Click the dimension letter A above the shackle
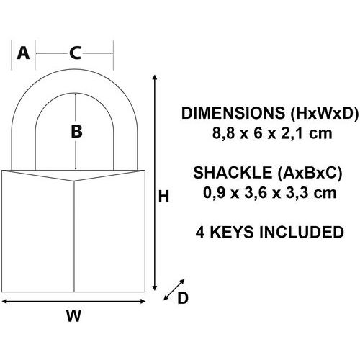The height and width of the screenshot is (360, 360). click(23, 53)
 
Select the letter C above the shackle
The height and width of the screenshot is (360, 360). click(75, 53)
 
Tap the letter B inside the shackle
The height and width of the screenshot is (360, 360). click(76, 132)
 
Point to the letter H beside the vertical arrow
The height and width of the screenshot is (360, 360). click(164, 197)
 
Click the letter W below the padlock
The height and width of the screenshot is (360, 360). click(73, 315)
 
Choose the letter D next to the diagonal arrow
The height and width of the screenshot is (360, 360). click(183, 298)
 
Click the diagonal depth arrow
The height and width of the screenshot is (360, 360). click(174, 289)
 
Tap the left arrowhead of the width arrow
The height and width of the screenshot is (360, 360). click(4, 301)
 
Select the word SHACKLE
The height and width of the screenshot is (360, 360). click(233, 173)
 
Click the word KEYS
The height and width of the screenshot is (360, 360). click(232, 232)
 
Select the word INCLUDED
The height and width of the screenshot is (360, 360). click(302, 232)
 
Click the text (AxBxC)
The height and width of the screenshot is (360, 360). click(310, 173)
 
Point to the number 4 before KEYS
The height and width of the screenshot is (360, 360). click(200, 232)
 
